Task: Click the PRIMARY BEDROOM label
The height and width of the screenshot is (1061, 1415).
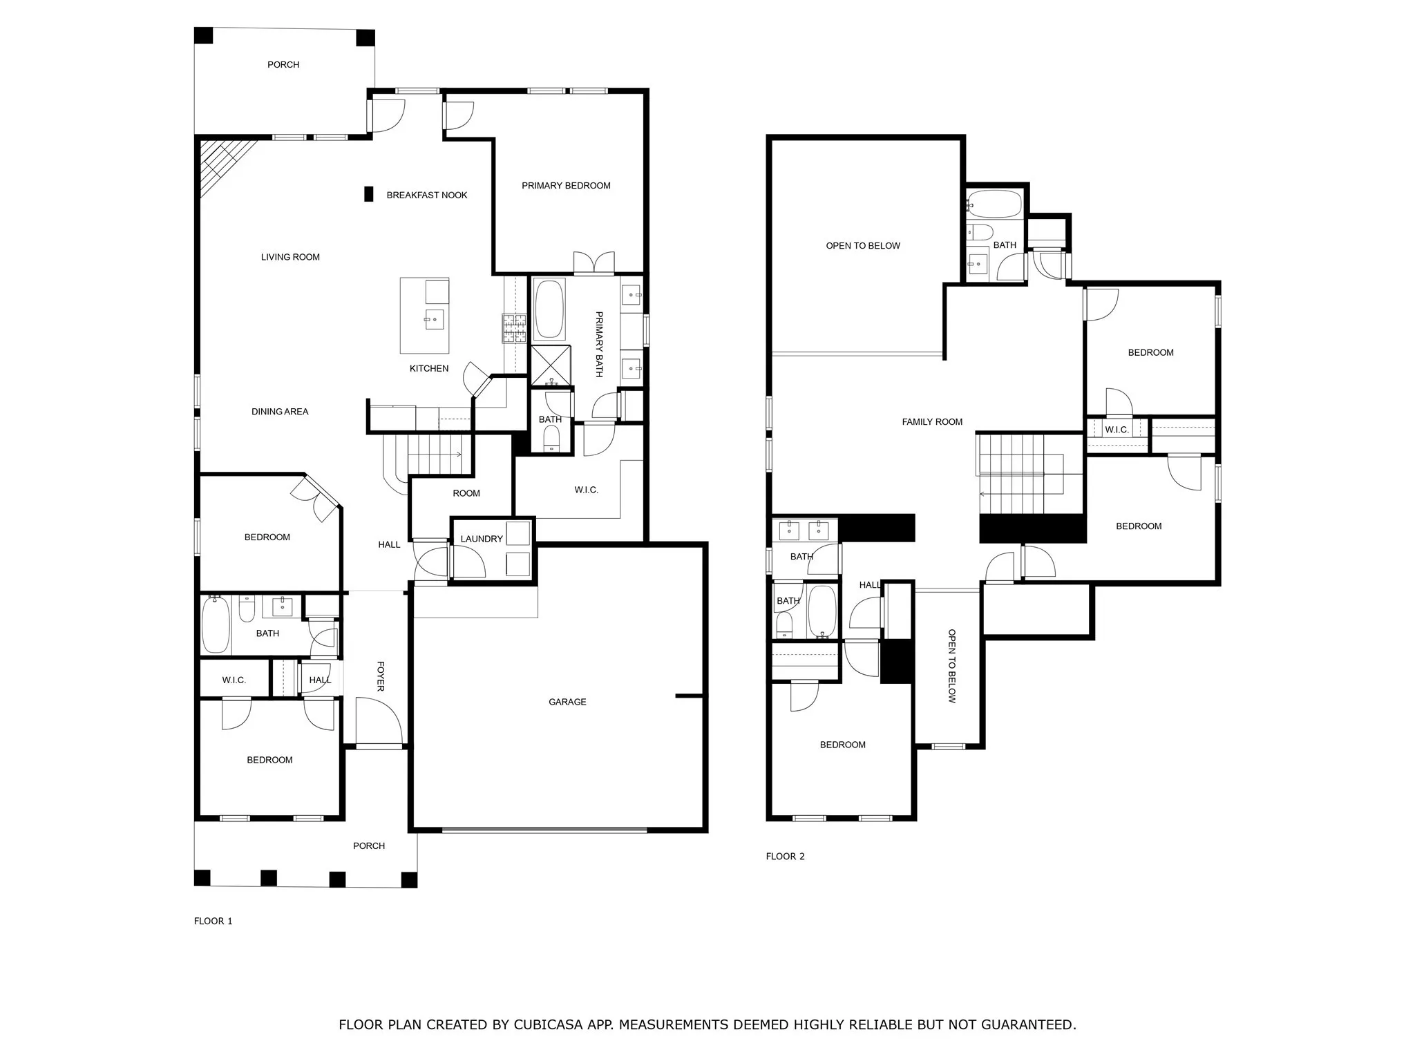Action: (566, 185)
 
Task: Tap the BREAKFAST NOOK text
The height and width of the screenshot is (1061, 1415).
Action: (426, 195)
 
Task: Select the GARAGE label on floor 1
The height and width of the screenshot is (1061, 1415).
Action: (567, 702)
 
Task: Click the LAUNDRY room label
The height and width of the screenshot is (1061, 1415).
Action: (482, 539)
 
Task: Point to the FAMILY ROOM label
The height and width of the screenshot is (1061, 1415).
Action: (932, 421)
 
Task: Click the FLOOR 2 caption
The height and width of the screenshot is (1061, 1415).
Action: (785, 856)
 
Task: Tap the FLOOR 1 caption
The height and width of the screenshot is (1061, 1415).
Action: (213, 921)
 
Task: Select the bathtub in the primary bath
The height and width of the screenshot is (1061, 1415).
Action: (550, 309)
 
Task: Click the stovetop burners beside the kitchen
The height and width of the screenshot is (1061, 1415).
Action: (514, 329)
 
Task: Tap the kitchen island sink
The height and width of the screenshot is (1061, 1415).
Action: (435, 319)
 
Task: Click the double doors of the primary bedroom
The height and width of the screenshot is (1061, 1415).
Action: (593, 263)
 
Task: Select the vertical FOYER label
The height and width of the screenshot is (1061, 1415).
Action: (381, 676)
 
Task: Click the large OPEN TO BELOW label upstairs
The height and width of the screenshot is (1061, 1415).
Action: (863, 245)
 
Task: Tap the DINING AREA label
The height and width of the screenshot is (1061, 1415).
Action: (280, 411)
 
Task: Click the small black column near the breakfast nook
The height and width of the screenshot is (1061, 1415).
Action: (369, 194)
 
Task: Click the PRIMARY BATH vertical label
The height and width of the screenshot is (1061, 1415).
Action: (599, 344)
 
